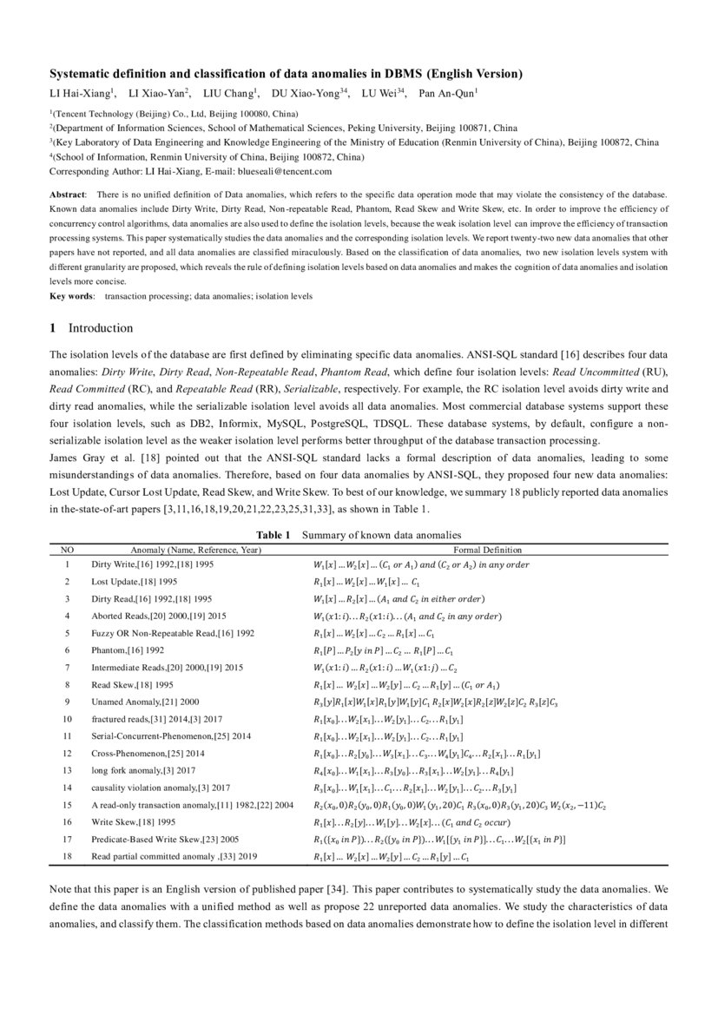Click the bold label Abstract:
68,195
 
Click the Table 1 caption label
273,535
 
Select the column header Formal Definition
487,550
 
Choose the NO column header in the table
67,550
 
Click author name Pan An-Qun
445,92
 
